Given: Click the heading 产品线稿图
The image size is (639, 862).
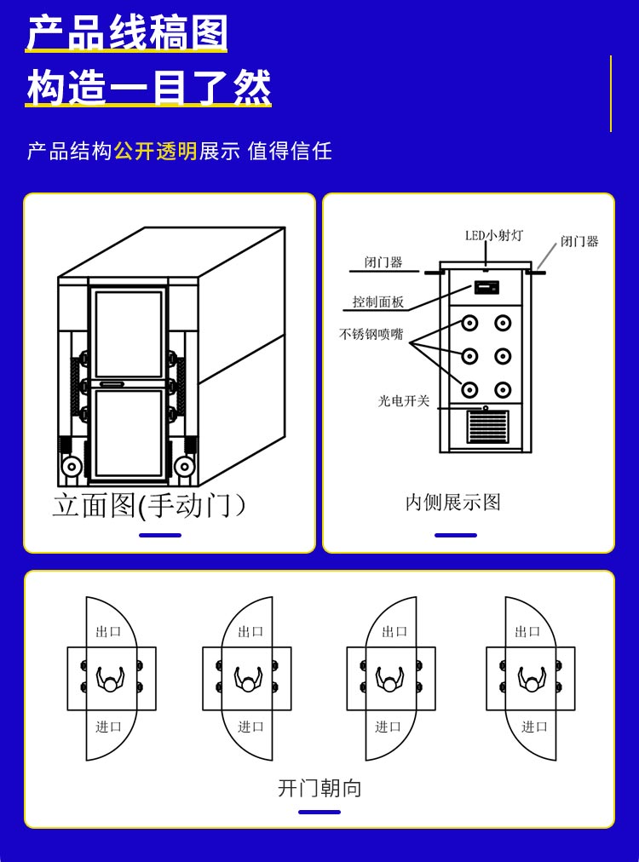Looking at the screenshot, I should pyautogui.click(x=127, y=34).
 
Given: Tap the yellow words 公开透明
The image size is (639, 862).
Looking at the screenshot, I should pyautogui.click(x=155, y=152).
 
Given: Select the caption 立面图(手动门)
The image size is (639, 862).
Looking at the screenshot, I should pyautogui.click(x=150, y=505).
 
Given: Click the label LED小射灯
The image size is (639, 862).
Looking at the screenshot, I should pyautogui.click(x=494, y=235).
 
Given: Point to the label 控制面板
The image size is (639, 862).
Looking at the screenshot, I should pyautogui.click(x=378, y=302).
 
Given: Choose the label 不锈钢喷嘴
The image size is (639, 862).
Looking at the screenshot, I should pyautogui.click(x=371, y=335).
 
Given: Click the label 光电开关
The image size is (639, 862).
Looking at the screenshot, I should pyautogui.click(x=404, y=400).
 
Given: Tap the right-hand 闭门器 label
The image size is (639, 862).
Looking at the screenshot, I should pyautogui.click(x=579, y=241).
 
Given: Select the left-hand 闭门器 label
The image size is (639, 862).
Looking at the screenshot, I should pyautogui.click(x=383, y=262).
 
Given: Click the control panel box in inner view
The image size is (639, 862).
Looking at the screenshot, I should pyautogui.click(x=486, y=288).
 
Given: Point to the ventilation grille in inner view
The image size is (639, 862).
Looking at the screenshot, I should pyautogui.click(x=487, y=427).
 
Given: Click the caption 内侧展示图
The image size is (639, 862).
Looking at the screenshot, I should pyautogui.click(x=453, y=503).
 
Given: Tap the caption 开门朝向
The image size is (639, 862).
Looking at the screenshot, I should pyautogui.click(x=319, y=788).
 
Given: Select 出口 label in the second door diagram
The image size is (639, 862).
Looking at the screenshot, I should pyautogui.click(x=250, y=632).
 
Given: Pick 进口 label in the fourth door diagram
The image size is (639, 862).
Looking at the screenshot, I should pyautogui.click(x=534, y=727).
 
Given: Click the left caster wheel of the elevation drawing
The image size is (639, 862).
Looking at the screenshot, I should pyautogui.click(x=72, y=467).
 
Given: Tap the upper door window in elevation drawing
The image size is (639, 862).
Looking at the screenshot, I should pyautogui.click(x=129, y=334).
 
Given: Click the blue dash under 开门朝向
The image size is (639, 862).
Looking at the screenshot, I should pyautogui.click(x=319, y=812).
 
